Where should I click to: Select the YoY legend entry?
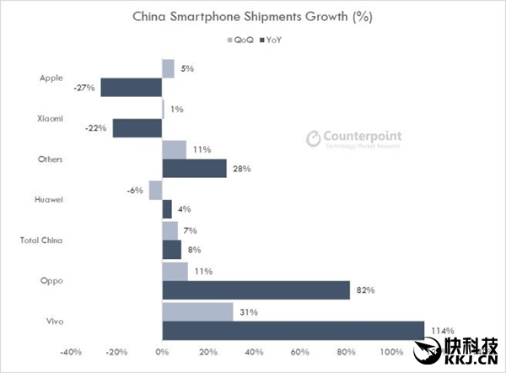[272, 40]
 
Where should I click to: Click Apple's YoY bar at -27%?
[131, 87]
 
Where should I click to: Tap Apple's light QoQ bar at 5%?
[168, 68]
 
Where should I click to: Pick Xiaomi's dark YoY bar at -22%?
[137, 127]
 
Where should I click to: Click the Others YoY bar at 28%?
[194, 169]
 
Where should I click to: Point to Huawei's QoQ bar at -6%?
[155, 190]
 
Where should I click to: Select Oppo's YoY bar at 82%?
[256, 290]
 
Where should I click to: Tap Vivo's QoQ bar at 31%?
[197, 311]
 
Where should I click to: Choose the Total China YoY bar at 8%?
[171, 249]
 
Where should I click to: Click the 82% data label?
[364, 290]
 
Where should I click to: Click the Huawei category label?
[50, 199]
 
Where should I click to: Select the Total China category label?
[40, 240]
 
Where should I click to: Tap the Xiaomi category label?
[51, 118]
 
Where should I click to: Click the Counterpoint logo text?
[363, 136]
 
